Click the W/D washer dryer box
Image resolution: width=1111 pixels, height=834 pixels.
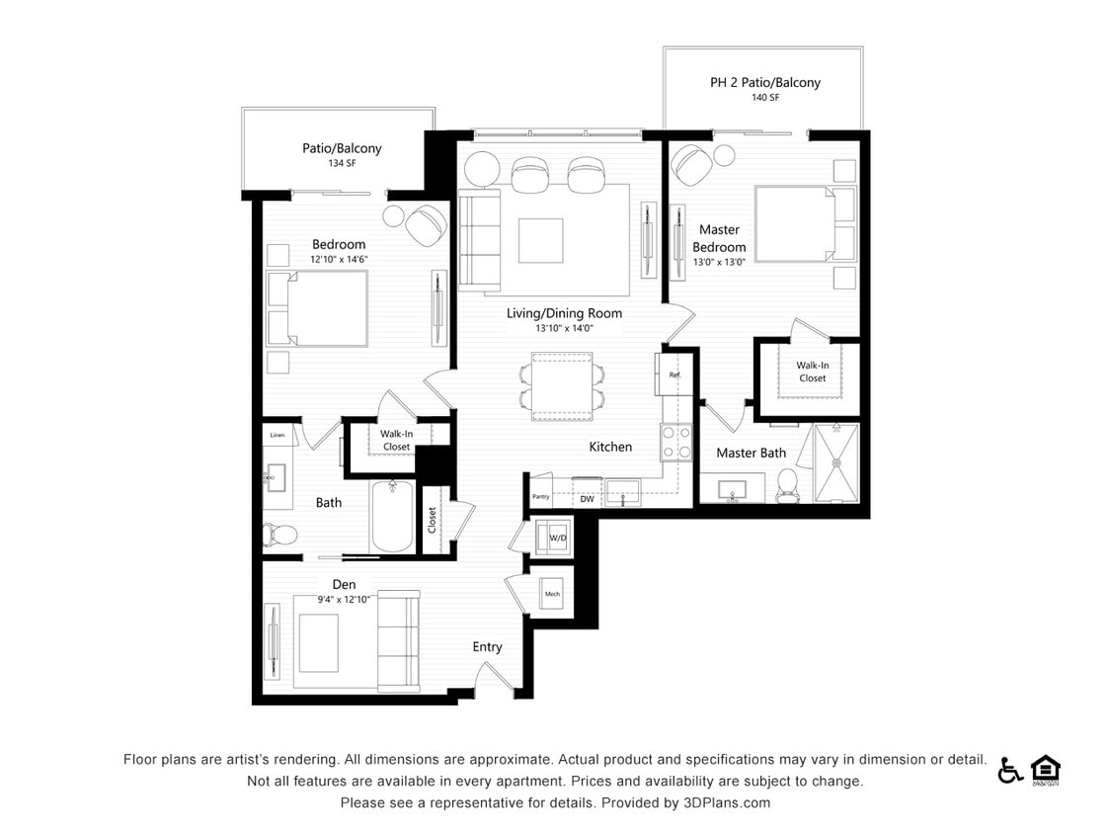coord(557,538)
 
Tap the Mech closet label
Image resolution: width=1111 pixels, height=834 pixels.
coord(552,594)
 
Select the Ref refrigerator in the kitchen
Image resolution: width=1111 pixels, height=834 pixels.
coord(674,375)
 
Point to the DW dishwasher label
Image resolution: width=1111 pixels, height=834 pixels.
coord(587,499)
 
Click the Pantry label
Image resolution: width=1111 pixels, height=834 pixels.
coord(540,497)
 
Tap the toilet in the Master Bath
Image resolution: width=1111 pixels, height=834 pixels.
coord(787,483)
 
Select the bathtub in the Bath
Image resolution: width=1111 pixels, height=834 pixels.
coord(393,517)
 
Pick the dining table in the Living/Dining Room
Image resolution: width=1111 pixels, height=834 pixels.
coord(561,386)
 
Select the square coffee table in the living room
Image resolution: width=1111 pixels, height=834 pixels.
coord(540,240)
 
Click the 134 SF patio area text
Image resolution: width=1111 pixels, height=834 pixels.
coord(342,163)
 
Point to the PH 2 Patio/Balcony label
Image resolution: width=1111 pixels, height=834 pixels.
coord(764,83)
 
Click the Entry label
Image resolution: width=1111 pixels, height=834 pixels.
coord(487,647)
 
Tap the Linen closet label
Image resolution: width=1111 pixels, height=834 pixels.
coord(278,435)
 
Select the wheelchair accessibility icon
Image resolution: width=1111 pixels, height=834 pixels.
coord(1009,770)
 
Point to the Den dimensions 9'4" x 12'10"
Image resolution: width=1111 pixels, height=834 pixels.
coord(343,600)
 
